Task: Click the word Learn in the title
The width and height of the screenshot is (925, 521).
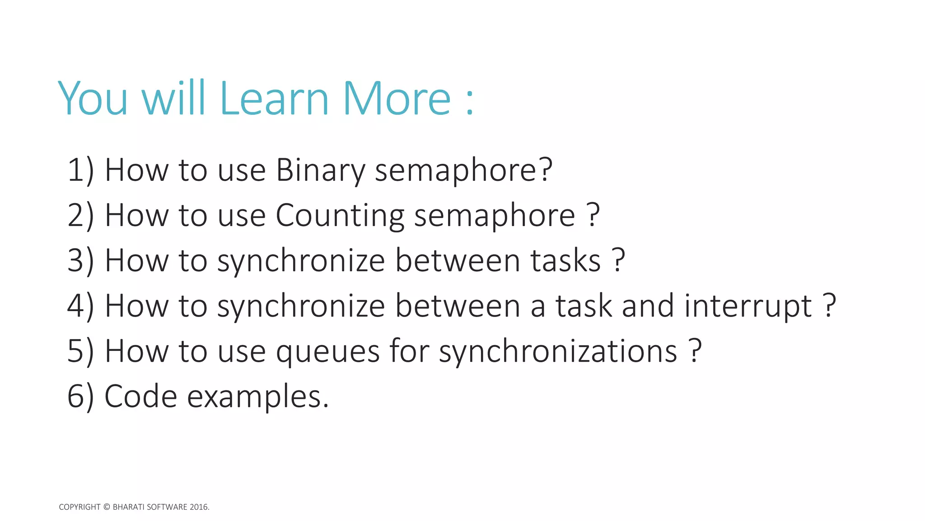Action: tap(274, 99)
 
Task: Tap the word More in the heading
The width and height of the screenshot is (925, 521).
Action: tap(397, 99)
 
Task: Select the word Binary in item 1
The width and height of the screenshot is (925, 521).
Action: tap(320, 171)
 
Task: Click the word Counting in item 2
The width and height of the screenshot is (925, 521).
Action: tap(340, 216)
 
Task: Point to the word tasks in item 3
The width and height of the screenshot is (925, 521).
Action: tap(565, 261)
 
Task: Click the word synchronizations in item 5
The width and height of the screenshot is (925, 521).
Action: tap(558, 352)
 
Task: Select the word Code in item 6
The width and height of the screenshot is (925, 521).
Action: tap(140, 397)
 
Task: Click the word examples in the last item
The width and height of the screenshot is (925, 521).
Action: tap(257, 397)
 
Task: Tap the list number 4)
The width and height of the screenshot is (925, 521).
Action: tap(80, 307)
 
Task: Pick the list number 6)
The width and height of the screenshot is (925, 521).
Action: tap(80, 397)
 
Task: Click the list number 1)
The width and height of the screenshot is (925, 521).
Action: tap(80, 171)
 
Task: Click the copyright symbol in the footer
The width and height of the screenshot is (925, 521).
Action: tap(107, 507)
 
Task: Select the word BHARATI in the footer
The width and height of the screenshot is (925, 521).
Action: tap(128, 507)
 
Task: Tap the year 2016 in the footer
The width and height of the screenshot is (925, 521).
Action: tap(198, 507)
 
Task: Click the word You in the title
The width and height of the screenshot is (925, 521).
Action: tap(93, 99)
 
